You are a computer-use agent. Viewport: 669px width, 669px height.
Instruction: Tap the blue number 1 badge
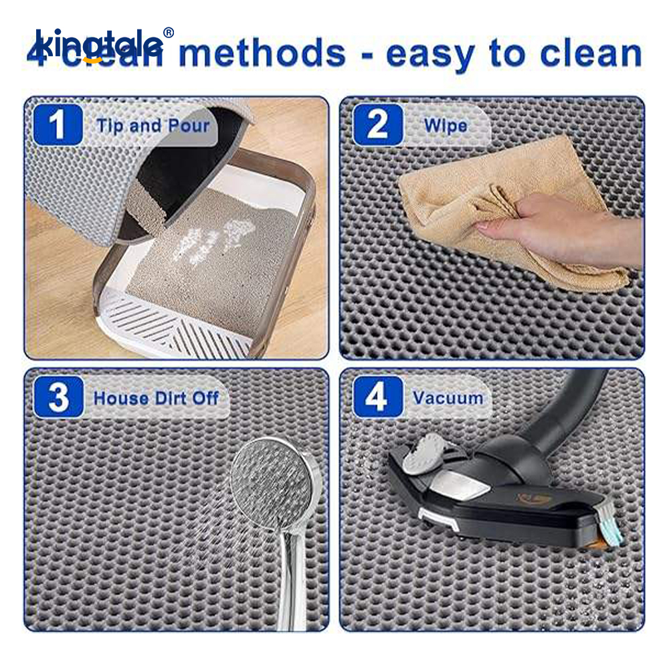(x=58, y=125)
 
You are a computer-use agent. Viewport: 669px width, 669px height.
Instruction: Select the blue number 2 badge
(x=378, y=125)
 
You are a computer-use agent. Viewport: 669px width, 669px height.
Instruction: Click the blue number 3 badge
(x=58, y=397)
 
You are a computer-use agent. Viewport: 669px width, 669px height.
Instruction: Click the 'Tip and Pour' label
(x=153, y=126)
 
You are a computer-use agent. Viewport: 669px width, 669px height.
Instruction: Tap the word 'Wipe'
(x=445, y=126)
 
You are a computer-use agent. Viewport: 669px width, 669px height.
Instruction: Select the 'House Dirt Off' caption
(x=156, y=398)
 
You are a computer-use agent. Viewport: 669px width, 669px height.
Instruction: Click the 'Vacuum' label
(x=448, y=398)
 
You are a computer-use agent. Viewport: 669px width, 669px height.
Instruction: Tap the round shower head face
(x=272, y=482)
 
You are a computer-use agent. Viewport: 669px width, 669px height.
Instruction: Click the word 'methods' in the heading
(x=261, y=54)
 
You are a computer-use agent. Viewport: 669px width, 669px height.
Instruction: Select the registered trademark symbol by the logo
(x=169, y=33)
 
